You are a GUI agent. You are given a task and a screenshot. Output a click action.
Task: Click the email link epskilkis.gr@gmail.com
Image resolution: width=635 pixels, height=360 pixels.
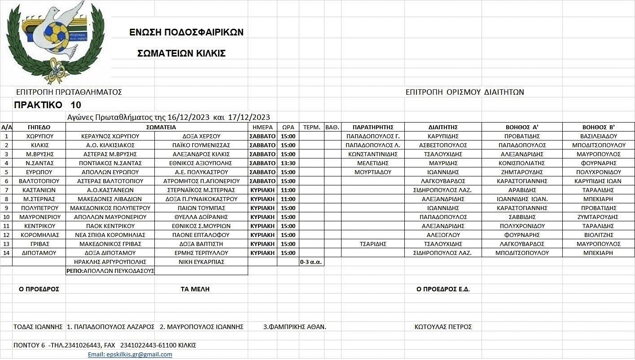130,354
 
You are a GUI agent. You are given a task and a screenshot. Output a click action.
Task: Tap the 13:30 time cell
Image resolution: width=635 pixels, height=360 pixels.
288,163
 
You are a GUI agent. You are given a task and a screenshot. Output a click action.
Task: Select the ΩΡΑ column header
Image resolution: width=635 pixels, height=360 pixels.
288,127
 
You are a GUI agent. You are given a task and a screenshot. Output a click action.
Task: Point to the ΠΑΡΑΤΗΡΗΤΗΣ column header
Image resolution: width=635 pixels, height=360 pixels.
372,127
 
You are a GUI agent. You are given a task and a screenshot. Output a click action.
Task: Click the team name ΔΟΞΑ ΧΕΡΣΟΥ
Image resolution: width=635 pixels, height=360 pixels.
201,136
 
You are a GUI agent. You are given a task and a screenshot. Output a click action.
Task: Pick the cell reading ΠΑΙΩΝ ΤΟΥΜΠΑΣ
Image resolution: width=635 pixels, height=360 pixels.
201,208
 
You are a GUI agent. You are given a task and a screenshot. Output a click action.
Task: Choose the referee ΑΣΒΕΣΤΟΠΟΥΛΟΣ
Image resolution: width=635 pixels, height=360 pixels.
443,145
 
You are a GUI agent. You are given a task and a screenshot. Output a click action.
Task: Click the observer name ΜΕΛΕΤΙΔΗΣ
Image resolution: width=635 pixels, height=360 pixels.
372,163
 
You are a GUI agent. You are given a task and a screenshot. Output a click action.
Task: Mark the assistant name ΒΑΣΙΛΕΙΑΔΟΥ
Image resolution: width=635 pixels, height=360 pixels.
599,136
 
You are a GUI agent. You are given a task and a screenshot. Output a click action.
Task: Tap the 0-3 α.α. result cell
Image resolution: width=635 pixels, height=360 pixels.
311,262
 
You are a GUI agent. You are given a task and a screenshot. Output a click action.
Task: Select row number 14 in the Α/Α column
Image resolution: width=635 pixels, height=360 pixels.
6,253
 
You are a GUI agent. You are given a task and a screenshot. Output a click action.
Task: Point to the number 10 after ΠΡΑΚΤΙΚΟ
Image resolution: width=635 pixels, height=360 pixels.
76,105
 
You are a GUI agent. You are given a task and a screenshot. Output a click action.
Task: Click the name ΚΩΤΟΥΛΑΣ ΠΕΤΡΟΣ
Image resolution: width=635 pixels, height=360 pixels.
443,327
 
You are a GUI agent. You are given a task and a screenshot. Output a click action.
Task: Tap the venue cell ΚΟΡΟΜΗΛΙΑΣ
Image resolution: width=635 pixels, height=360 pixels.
39,235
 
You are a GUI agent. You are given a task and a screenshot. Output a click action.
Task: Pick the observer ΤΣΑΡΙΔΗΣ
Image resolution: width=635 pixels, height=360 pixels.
372,244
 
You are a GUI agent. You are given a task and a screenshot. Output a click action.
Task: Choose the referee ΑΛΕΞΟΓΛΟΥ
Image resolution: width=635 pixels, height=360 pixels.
443,235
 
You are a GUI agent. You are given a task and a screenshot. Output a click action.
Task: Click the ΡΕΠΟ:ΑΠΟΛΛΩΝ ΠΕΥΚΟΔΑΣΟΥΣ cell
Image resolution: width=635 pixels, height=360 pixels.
110,271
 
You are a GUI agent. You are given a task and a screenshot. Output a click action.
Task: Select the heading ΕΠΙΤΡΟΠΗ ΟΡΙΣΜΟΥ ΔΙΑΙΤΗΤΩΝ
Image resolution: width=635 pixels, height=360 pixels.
464,92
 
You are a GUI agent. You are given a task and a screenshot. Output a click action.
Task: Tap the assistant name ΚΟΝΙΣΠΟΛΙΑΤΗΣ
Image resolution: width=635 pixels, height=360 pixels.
521,163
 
